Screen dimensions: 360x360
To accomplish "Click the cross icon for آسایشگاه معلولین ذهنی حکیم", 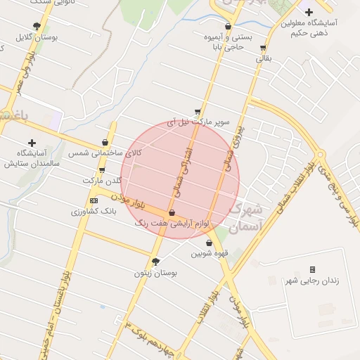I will (x=309, y=11).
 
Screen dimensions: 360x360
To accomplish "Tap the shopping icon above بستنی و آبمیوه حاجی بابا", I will (x=228, y=26).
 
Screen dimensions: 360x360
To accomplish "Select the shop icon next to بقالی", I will (x=263, y=49).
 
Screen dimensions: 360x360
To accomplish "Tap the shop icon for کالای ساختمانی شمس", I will (x=105, y=142).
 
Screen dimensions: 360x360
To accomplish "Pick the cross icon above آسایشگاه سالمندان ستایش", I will (x=31, y=143).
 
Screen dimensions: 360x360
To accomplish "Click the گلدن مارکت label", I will (x=102, y=181).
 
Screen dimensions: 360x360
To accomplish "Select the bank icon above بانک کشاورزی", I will (x=94, y=200).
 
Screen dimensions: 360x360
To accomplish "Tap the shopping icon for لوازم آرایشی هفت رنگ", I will (x=172, y=212).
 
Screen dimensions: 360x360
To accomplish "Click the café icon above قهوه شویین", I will (x=209, y=243).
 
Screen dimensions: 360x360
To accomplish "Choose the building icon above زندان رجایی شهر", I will (x=313, y=270).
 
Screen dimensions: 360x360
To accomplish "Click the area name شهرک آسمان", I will (x=245, y=217).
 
